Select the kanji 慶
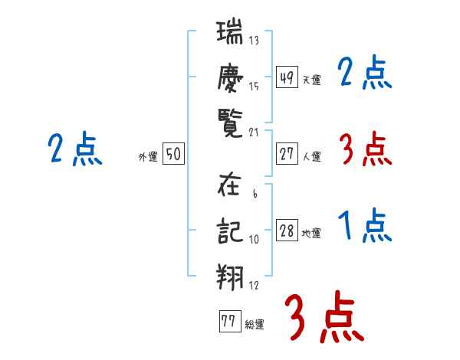point(229,77)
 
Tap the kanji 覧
point(229,121)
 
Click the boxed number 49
point(287,77)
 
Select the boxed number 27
point(287,154)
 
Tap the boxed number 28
point(287,231)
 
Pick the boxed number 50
point(173,155)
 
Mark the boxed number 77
point(228,322)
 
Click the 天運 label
point(311,80)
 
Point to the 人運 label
point(311,156)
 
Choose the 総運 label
point(254,324)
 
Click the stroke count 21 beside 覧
point(254,131)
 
